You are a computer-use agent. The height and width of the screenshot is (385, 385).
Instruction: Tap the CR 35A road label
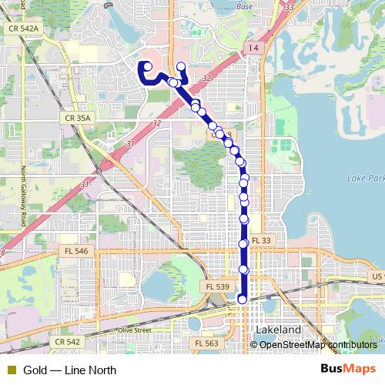click(77, 118)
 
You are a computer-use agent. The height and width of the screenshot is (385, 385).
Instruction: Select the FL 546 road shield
click(76, 251)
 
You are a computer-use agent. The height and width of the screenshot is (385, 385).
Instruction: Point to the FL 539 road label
click(217, 286)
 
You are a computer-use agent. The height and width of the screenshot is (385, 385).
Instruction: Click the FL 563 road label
click(206, 343)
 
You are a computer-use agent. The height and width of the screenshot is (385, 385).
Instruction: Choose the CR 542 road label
click(68, 341)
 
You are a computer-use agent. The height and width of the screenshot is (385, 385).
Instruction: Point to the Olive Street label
click(134, 330)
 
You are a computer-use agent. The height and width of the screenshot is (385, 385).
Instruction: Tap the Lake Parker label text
click(365, 179)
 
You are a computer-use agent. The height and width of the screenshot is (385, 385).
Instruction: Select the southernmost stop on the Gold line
click(243, 300)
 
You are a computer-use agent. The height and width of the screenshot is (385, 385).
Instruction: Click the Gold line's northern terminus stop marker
click(180, 66)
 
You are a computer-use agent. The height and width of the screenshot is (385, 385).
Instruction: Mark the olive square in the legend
click(11, 370)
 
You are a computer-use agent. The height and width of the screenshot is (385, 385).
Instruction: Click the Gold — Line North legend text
click(69, 370)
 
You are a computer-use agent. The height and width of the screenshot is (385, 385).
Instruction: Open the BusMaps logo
click(349, 370)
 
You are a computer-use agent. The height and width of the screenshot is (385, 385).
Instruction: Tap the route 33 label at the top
click(289, 6)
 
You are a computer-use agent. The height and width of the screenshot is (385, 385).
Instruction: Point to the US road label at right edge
click(377, 276)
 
